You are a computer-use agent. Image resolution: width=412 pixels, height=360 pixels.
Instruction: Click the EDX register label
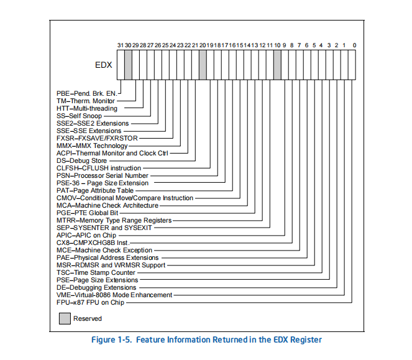coord(104,65)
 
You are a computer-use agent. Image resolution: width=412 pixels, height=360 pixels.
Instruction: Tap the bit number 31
coord(121,45)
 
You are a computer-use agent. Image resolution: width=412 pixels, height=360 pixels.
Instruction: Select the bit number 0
coord(354,45)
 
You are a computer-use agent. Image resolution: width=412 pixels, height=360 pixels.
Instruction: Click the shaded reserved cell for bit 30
coord(128,65)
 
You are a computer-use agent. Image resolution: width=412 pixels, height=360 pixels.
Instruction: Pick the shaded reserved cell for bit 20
coord(203,65)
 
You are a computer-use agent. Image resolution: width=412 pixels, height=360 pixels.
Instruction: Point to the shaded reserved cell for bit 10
coord(278,65)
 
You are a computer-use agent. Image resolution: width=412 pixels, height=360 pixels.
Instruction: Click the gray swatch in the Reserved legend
coord(65,318)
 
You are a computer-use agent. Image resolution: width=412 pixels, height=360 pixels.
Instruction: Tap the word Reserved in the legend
coord(88,318)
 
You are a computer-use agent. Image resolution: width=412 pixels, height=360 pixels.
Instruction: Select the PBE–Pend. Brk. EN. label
coord(87,93)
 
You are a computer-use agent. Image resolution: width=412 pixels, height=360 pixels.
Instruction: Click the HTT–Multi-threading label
coord(87,108)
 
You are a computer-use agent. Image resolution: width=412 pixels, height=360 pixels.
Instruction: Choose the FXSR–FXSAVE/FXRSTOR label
coord(97,138)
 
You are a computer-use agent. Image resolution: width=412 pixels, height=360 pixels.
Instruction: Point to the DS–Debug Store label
coord(82,160)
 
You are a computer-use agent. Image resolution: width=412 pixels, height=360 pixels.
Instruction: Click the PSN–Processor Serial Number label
coord(103,175)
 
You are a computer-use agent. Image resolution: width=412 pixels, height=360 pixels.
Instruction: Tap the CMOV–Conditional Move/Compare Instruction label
coord(125,198)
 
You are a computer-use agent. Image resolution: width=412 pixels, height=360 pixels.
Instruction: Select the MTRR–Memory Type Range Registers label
coord(114,220)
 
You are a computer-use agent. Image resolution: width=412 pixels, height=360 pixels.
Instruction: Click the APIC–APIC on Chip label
coord(86,235)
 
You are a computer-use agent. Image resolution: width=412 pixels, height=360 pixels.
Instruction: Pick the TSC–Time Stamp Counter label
coord(96,272)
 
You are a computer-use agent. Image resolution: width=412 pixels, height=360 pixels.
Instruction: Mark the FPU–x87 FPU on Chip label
coord(90,302)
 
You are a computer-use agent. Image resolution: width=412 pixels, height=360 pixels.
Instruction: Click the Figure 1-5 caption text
coord(206,339)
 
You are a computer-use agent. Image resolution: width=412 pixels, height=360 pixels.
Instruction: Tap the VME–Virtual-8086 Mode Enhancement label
coord(114,295)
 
